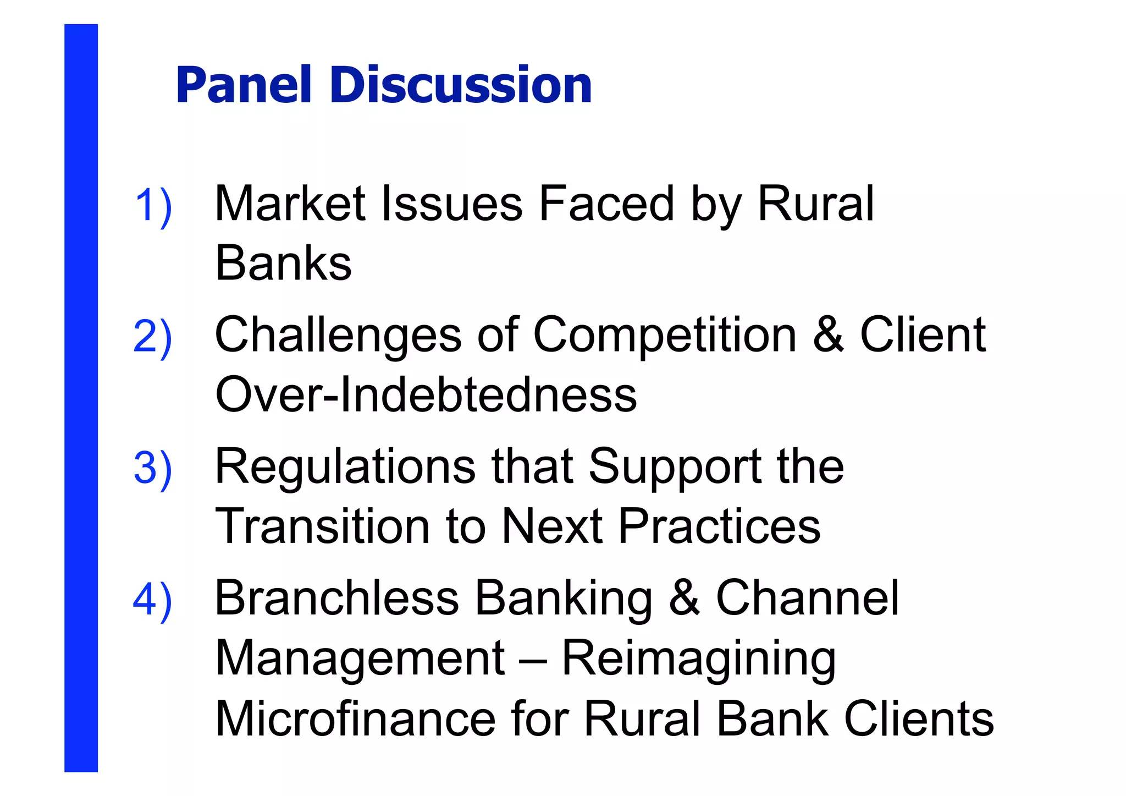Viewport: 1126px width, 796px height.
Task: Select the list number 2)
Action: point(153,337)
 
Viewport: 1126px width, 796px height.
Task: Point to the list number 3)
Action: point(153,468)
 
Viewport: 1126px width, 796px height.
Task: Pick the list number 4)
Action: point(153,600)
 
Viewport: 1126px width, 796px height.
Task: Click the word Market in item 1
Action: point(290,204)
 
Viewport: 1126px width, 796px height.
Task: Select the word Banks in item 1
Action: point(283,263)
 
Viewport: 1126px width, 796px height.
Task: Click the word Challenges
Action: point(338,336)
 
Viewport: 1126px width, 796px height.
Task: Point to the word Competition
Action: point(665,335)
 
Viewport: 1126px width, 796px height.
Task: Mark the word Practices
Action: point(719,526)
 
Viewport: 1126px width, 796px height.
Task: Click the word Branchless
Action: point(336,598)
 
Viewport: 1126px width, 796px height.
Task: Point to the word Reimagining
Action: point(698,660)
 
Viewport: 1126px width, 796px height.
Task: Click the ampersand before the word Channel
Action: point(685,598)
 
